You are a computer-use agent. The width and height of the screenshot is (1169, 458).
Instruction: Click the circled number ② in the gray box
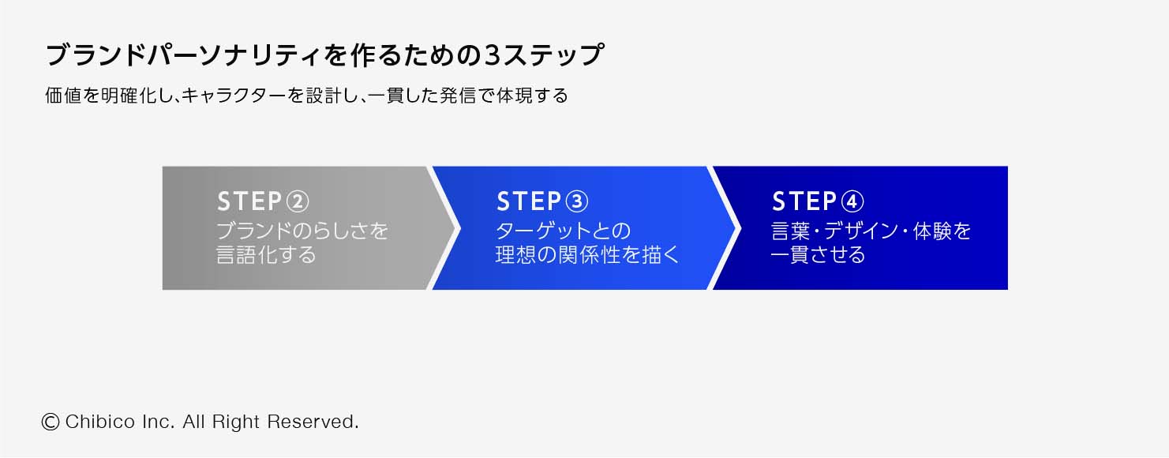298,201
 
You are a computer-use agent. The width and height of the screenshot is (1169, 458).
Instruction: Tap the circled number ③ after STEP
577,201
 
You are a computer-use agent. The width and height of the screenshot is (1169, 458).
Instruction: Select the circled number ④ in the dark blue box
852,201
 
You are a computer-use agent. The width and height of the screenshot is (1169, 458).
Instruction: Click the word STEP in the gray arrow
250,201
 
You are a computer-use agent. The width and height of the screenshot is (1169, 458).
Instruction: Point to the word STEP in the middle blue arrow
529,201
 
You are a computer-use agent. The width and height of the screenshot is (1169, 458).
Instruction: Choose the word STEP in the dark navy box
805,201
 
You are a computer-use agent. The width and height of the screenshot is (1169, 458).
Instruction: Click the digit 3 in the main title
492,55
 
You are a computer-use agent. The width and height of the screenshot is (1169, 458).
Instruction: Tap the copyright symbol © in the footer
50,422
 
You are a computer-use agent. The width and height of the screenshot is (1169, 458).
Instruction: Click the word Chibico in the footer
100,422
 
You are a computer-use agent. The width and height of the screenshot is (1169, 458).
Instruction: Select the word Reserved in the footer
312,422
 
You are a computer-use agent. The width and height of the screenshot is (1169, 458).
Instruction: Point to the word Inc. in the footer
158,422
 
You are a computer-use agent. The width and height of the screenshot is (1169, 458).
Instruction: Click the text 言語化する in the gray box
266,255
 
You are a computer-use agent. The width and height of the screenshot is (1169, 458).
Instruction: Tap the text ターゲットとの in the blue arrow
564,231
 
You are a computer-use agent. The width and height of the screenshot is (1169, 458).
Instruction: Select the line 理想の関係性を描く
587,255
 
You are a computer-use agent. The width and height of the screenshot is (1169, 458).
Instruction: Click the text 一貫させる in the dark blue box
819,255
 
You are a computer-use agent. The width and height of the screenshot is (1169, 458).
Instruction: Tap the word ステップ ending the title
553,55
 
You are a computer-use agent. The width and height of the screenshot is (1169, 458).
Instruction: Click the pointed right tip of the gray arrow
460,228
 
